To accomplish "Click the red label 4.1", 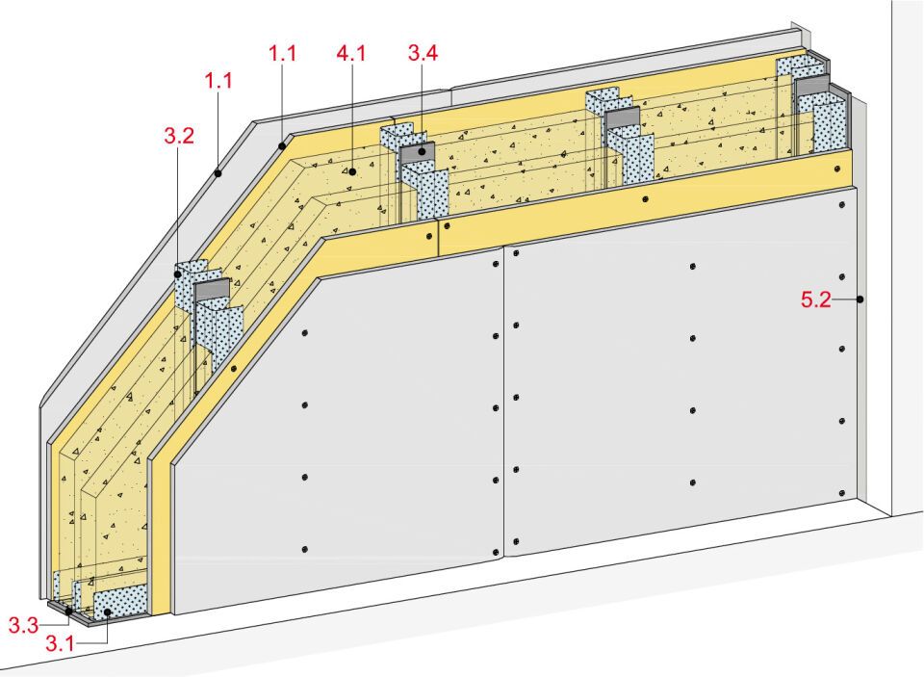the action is (351, 54).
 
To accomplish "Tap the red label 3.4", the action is (423, 53).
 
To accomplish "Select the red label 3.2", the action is (179, 136).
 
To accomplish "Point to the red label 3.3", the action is (23, 624).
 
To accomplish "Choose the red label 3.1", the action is (60, 642).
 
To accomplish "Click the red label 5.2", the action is (815, 299).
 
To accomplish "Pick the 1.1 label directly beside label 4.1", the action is (282, 54).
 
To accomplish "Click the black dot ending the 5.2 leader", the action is (860, 299).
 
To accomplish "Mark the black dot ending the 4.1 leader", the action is (352, 171).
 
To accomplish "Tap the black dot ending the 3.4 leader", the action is (423, 151).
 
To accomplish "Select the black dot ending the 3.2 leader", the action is (178, 274).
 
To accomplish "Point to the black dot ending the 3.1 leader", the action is (108, 612).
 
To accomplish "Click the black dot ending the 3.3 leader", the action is (68, 612).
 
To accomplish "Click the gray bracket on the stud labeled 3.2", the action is (211, 289).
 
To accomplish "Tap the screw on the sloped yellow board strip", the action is (234, 369).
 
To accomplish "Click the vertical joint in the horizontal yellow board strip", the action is (438, 238).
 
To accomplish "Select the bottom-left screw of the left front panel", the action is (305, 550).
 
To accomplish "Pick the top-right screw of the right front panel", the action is (841, 204).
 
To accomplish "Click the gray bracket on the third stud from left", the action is (623, 117).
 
